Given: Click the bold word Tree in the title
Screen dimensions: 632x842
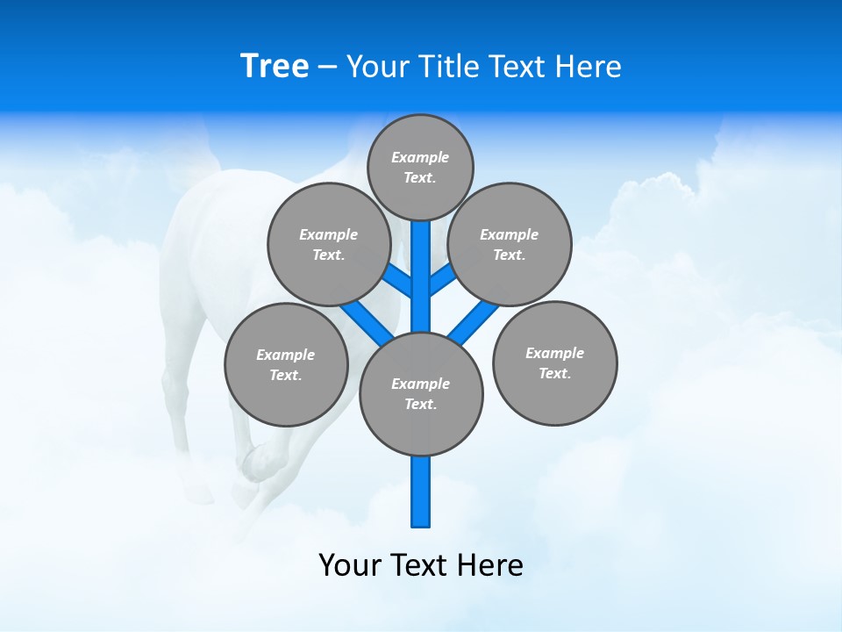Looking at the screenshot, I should tap(275, 66).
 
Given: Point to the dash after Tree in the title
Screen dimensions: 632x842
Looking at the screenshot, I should tap(328, 67).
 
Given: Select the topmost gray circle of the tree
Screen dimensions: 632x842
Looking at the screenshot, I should tap(420, 167).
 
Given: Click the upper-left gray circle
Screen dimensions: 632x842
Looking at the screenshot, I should tap(329, 244).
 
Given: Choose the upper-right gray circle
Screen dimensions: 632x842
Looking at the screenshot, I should tap(510, 244).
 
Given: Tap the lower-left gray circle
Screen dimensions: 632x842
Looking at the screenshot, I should tap(286, 364).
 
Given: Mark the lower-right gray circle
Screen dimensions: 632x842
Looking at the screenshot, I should tap(554, 363).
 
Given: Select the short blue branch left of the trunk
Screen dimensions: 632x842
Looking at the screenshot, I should tap(399, 281).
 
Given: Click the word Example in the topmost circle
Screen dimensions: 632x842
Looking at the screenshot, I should tap(420, 157).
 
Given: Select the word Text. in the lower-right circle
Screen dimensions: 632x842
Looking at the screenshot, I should tap(554, 373).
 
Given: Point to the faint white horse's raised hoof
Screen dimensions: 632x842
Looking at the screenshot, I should tap(254, 461).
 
